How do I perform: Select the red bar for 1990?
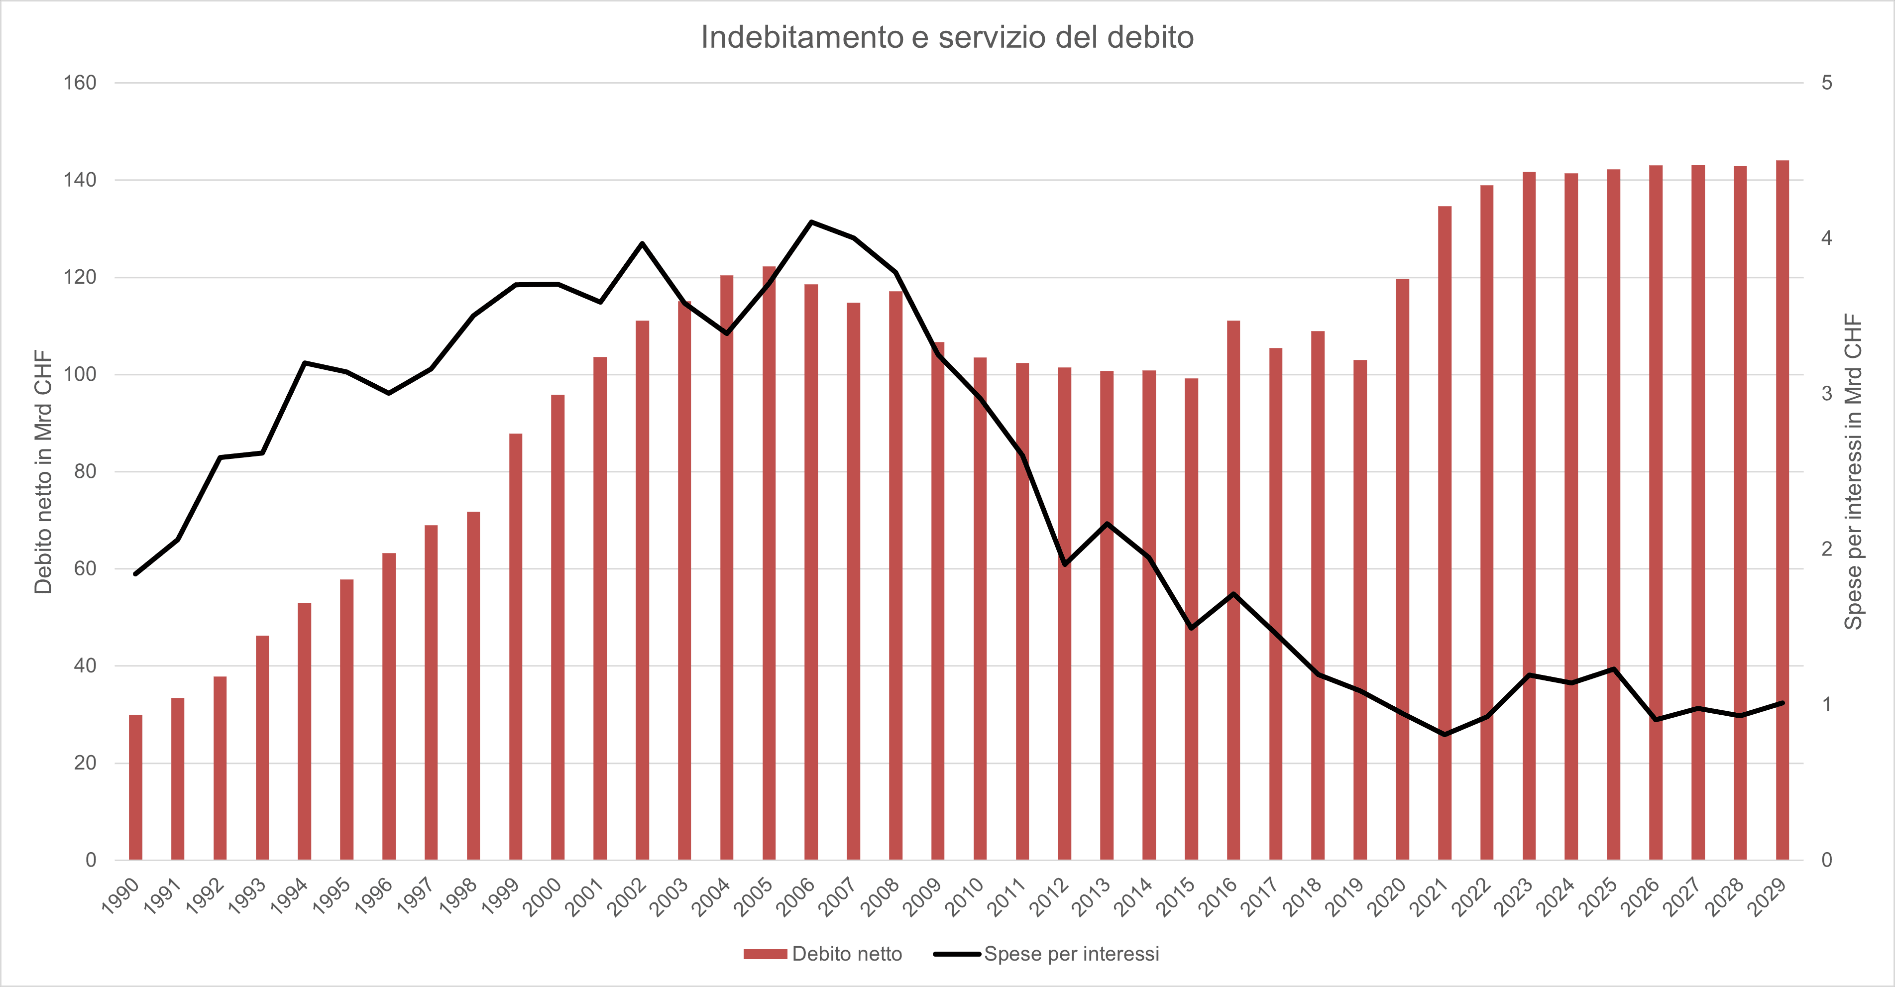coord(135,787)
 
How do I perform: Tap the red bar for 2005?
coord(769,562)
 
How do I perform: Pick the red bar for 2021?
coord(1445,533)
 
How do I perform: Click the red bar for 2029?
coord(1783,510)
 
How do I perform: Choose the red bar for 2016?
coord(1233,590)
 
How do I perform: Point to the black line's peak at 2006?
coord(811,221)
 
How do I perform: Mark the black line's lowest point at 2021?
coord(1445,734)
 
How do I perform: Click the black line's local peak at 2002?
coord(642,243)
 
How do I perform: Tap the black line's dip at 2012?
coord(1064,564)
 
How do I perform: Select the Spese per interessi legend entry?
coord(1047,954)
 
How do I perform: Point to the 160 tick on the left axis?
coord(80,82)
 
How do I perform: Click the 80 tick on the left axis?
coord(85,471)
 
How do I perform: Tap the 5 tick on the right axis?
coord(1827,82)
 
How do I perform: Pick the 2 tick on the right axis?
coord(1827,548)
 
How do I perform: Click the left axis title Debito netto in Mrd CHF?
coord(43,471)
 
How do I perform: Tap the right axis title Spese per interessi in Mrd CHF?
coord(1853,471)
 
